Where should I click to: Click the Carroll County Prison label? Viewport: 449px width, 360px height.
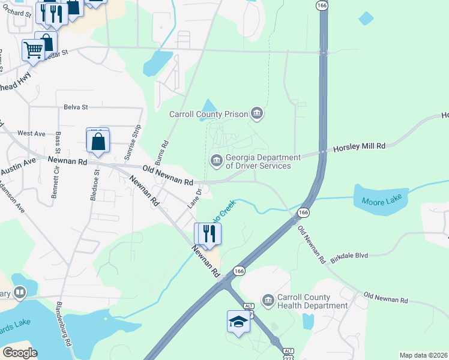click(209, 113)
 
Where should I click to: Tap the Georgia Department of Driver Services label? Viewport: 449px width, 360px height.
click(258, 162)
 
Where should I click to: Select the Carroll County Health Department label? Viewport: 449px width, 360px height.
click(312, 301)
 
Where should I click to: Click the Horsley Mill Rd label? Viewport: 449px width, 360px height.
click(358, 146)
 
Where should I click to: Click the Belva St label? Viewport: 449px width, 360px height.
click(76, 107)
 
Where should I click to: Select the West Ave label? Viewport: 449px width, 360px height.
click(32, 133)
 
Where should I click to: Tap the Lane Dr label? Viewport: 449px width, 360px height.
click(193, 199)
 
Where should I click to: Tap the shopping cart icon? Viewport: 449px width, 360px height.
click(33, 50)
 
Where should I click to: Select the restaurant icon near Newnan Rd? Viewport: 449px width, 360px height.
click(209, 233)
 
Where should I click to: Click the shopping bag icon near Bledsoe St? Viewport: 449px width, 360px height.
click(98, 142)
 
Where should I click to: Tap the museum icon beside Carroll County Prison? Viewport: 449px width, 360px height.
click(257, 113)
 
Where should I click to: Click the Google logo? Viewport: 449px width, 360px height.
click(20, 353)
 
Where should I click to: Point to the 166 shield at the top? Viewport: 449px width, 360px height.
click(323, 5)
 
